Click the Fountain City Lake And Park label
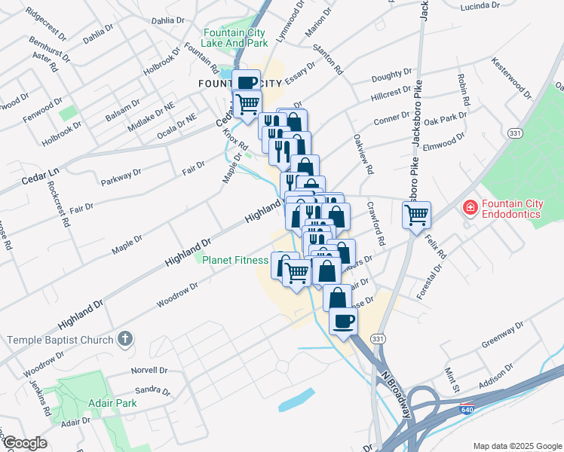235,38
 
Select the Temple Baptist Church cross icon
126,340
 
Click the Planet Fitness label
234,260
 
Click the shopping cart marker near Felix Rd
416,215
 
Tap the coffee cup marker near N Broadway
344,322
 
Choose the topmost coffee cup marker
247,84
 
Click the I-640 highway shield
467,408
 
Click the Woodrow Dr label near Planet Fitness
177,295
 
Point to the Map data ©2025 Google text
516,446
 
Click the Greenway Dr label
504,337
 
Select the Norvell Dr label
149,371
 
